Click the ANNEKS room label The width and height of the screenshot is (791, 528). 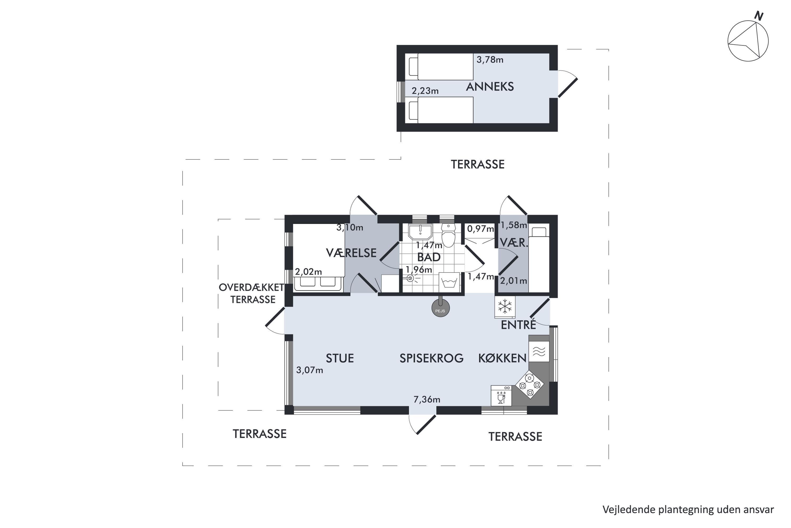[x=490, y=87]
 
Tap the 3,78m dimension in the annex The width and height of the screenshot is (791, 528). [x=490, y=60]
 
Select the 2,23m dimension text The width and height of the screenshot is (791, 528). [x=425, y=91]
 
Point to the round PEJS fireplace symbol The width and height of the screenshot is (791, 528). [x=441, y=308]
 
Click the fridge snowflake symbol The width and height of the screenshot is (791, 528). [x=505, y=307]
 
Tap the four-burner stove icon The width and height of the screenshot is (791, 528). [x=530, y=385]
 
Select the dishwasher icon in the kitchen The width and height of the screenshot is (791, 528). [x=501, y=396]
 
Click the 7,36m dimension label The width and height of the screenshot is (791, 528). [x=427, y=400]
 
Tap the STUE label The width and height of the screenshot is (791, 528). [x=340, y=358]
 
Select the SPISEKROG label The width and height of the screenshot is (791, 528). [x=431, y=358]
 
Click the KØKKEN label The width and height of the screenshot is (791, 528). [x=503, y=358]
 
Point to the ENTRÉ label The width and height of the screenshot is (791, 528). [x=518, y=325]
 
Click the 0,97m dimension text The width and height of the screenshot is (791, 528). [x=481, y=229]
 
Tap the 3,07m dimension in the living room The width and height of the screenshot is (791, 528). [x=309, y=370]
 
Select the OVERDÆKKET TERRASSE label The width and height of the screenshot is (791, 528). [x=252, y=293]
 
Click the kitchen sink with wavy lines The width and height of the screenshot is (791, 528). [x=539, y=352]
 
